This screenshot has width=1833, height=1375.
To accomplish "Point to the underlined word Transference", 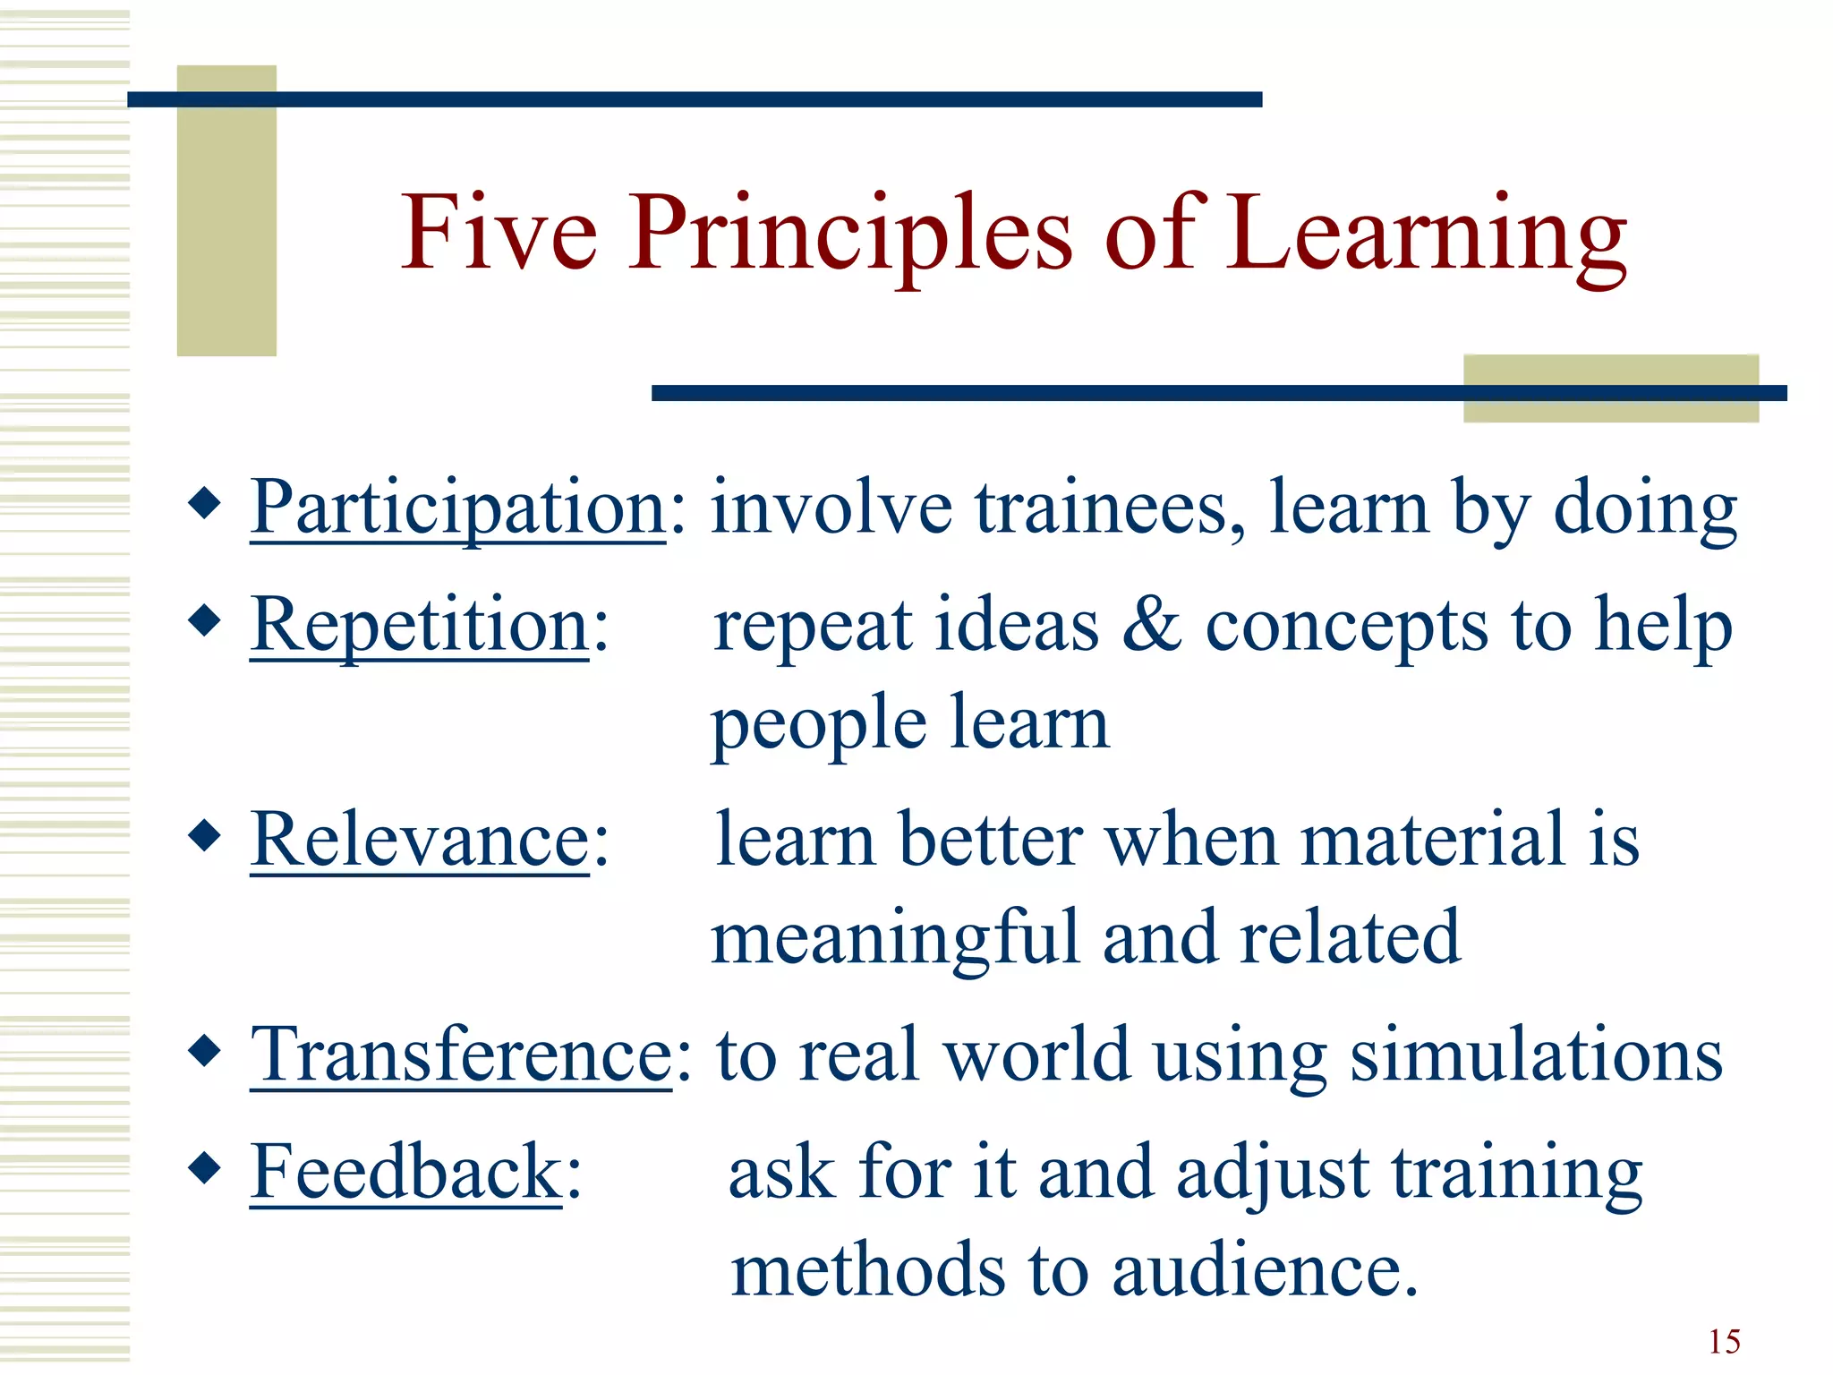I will point(460,1055).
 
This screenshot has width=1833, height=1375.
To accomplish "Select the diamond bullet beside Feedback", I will point(205,1166).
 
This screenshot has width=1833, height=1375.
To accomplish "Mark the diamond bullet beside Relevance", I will point(205,835).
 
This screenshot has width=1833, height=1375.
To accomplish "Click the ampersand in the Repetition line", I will point(1151,625).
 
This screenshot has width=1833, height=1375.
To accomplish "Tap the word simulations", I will point(1536,1055).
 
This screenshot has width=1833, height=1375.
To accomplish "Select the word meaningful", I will point(894,938).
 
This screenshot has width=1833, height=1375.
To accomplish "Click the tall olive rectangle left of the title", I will point(226,211).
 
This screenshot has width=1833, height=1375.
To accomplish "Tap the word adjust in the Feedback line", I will point(1272,1174).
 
